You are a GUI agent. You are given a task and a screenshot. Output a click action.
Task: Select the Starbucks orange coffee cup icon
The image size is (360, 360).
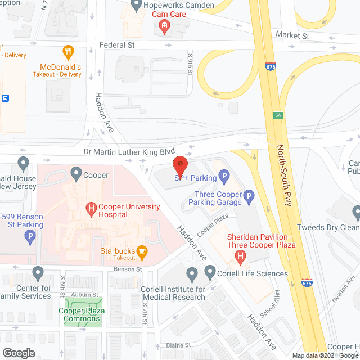pos(143,251)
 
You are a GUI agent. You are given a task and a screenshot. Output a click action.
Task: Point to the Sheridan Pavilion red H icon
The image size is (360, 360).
pos(240,258)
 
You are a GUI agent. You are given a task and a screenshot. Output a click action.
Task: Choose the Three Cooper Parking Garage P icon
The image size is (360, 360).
pos(249,196)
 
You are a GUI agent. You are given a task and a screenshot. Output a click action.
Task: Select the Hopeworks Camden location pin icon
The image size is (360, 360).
pos(135,6)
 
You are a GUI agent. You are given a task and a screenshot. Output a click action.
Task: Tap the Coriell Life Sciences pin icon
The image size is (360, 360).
pos(210,273)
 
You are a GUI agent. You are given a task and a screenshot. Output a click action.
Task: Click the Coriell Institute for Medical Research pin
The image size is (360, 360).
pos(192,275)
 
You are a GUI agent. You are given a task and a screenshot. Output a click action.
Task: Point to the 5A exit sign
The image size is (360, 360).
pos(278,115)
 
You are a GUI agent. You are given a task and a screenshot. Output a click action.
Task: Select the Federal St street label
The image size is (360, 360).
pos(118,44)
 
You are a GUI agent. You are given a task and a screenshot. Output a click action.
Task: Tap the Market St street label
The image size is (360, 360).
pos(292,35)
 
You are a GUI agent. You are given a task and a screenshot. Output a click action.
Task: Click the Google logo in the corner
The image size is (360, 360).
pos(19,353)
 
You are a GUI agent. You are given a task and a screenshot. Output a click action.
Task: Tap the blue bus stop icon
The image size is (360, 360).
pos(6,98)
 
